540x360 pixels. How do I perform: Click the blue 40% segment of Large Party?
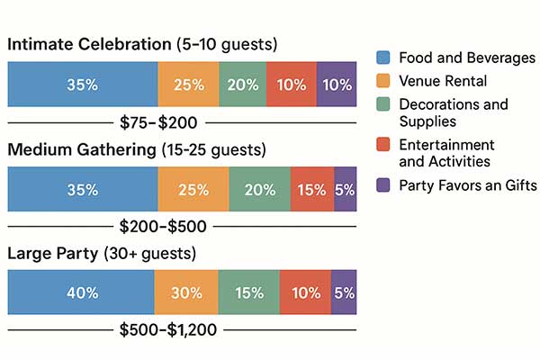coord(81,292)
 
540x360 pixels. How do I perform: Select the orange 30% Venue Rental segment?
coord(186,292)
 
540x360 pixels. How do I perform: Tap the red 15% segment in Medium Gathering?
coord(312,189)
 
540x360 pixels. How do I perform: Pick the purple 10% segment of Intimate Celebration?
coord(337,85)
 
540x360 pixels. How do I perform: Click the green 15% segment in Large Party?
coord(248,292)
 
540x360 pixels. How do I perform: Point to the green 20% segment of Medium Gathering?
coord(259,189)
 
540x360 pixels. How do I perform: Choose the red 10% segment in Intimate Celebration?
coord(292,85)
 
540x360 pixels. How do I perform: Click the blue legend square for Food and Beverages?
coord(382,58)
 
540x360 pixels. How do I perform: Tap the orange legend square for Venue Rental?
coord(382,82)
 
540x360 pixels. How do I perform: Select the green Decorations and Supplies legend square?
coord(382,105)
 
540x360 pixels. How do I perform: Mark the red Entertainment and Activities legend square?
coord(382,145)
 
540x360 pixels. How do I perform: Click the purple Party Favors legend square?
coord(382,185)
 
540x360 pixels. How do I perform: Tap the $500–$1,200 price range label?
coord(168,329)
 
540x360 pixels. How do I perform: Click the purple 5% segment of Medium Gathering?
coord(345,189)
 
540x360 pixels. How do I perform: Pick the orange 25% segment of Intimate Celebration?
coord(188,85)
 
